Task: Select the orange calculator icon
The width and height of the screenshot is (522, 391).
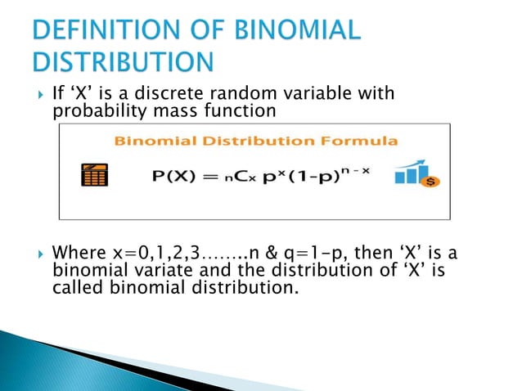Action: [95, 176]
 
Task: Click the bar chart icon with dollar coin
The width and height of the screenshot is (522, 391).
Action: [416, 174]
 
